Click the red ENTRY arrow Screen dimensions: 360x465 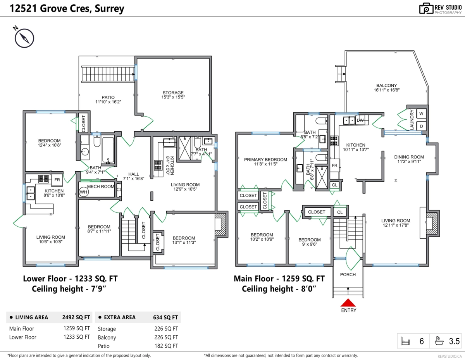348,303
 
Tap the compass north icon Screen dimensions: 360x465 24,38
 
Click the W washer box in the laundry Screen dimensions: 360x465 421,114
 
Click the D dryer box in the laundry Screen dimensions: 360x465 421,126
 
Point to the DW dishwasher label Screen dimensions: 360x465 360,120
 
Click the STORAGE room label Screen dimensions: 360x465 173,93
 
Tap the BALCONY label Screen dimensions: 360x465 387,86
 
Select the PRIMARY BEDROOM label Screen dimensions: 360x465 265,159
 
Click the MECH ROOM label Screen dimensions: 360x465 100,186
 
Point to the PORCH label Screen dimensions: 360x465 348,274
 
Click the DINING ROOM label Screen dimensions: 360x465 409,157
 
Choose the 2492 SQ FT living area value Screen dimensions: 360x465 76,317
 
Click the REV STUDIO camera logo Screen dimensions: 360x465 426,9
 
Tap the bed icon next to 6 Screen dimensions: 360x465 405,341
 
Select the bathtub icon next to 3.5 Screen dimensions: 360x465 439,341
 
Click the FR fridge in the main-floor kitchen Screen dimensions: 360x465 335,165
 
